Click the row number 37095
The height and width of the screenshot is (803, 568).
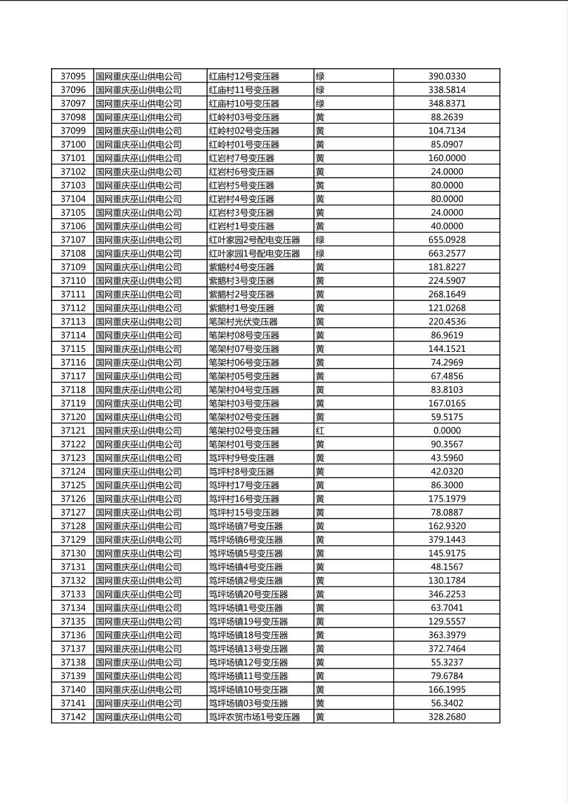coord(73,76)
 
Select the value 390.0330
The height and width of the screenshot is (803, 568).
coord(446,76)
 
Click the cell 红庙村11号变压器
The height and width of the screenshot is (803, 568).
coord(244,90)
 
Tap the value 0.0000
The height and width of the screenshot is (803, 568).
coord(446,431)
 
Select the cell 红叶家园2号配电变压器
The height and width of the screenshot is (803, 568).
coord(254,240)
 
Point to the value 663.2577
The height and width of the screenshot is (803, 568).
coord(446,254)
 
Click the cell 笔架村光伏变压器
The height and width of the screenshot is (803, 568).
coord(243,322)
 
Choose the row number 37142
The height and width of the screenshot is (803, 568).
coord(73,717)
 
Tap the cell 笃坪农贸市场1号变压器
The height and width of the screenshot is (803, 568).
coord(254,717)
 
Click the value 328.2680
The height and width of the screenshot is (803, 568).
coord(446,717)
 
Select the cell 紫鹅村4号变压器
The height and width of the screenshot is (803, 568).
coord(241,267)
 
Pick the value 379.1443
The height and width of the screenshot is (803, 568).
coord(446,540)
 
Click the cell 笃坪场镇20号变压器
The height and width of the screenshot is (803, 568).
coord(248,594)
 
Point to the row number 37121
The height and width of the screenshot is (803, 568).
coord(73,431)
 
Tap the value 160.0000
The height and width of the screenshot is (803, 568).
coord(446,158)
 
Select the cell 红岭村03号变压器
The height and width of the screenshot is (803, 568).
coord(244,117)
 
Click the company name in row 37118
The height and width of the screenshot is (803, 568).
coord(138,390)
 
